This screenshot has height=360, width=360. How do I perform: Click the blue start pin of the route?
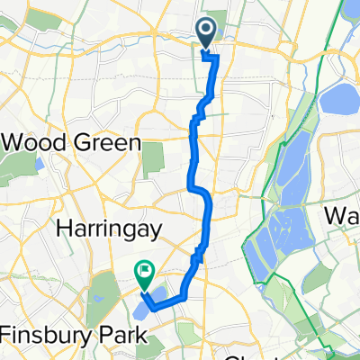click(206, 35)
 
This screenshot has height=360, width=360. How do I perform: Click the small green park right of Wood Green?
click(154, 157)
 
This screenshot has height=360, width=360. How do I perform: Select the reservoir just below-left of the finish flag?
click(142, 310)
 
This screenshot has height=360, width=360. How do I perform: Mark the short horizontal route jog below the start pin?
click(210, 57)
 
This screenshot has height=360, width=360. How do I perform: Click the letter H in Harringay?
click(63, 230)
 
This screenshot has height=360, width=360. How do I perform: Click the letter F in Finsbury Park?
click(7, 335)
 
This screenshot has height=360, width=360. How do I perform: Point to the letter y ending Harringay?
click(154, 232)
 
